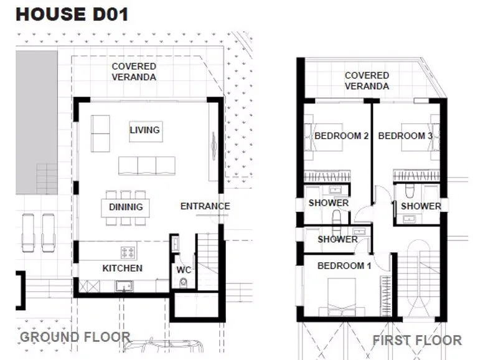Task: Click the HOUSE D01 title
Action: pos(72,14)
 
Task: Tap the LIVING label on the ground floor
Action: pos(145,130)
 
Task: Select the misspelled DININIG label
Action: pos(126,207)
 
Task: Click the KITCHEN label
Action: pos(122,268)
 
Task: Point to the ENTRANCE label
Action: pos(205,206)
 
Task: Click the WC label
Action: pos(184,270)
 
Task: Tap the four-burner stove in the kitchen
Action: pos(128,253)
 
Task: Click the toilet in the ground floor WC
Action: pos(183,283)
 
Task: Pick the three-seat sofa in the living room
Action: pos(147,166)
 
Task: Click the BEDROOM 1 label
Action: pos(344,265)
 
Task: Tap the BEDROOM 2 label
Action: pos(341,136)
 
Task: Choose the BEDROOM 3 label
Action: pos(405,136)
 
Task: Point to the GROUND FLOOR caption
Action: pos(75,337)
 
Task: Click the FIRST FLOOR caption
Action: pos(417,340)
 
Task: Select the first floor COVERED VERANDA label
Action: pos(367,81)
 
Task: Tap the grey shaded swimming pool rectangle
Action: pos(37,122)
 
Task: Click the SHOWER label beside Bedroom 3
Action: pos(421,206)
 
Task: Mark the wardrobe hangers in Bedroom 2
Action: pos(327,176)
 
